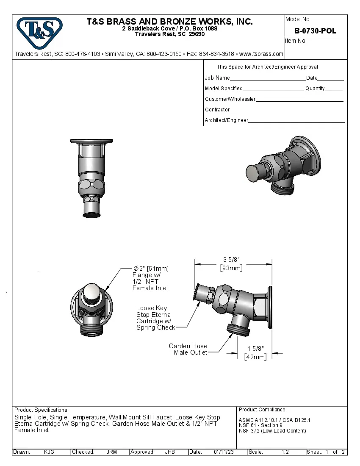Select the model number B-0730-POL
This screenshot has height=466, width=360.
[315, 31]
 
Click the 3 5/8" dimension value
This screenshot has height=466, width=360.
[231, 260]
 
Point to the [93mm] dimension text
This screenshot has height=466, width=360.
[231, 268]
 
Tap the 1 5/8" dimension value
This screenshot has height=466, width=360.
[255, 349]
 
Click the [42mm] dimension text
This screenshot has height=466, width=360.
[255, 357]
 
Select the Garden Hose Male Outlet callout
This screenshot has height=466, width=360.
[188, 349]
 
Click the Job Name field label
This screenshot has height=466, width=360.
[217, 78]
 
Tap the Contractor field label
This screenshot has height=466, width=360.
[217, 110]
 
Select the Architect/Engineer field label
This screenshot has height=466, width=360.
[226, 120]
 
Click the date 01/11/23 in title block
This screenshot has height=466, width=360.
[224, 452]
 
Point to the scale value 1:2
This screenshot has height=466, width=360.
[285, 452]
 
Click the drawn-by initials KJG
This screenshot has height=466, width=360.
[49, 452]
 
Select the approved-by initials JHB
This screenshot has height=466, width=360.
[170, 452]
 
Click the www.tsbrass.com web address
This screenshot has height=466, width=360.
[261, 54]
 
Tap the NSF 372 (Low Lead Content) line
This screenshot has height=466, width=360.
[272, 431]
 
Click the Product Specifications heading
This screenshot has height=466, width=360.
[41, 410]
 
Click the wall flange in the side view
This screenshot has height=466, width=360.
[269, 308]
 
